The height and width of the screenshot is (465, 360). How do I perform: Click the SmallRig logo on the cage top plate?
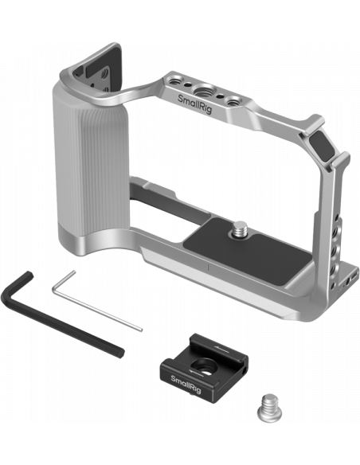click(x=194, y=104)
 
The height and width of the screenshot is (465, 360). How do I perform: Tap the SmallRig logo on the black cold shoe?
click(x=186, y=384)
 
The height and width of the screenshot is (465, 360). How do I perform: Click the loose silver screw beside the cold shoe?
click(x=269, y=407)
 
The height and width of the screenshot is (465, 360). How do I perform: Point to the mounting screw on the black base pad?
click(x=239, y=228)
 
